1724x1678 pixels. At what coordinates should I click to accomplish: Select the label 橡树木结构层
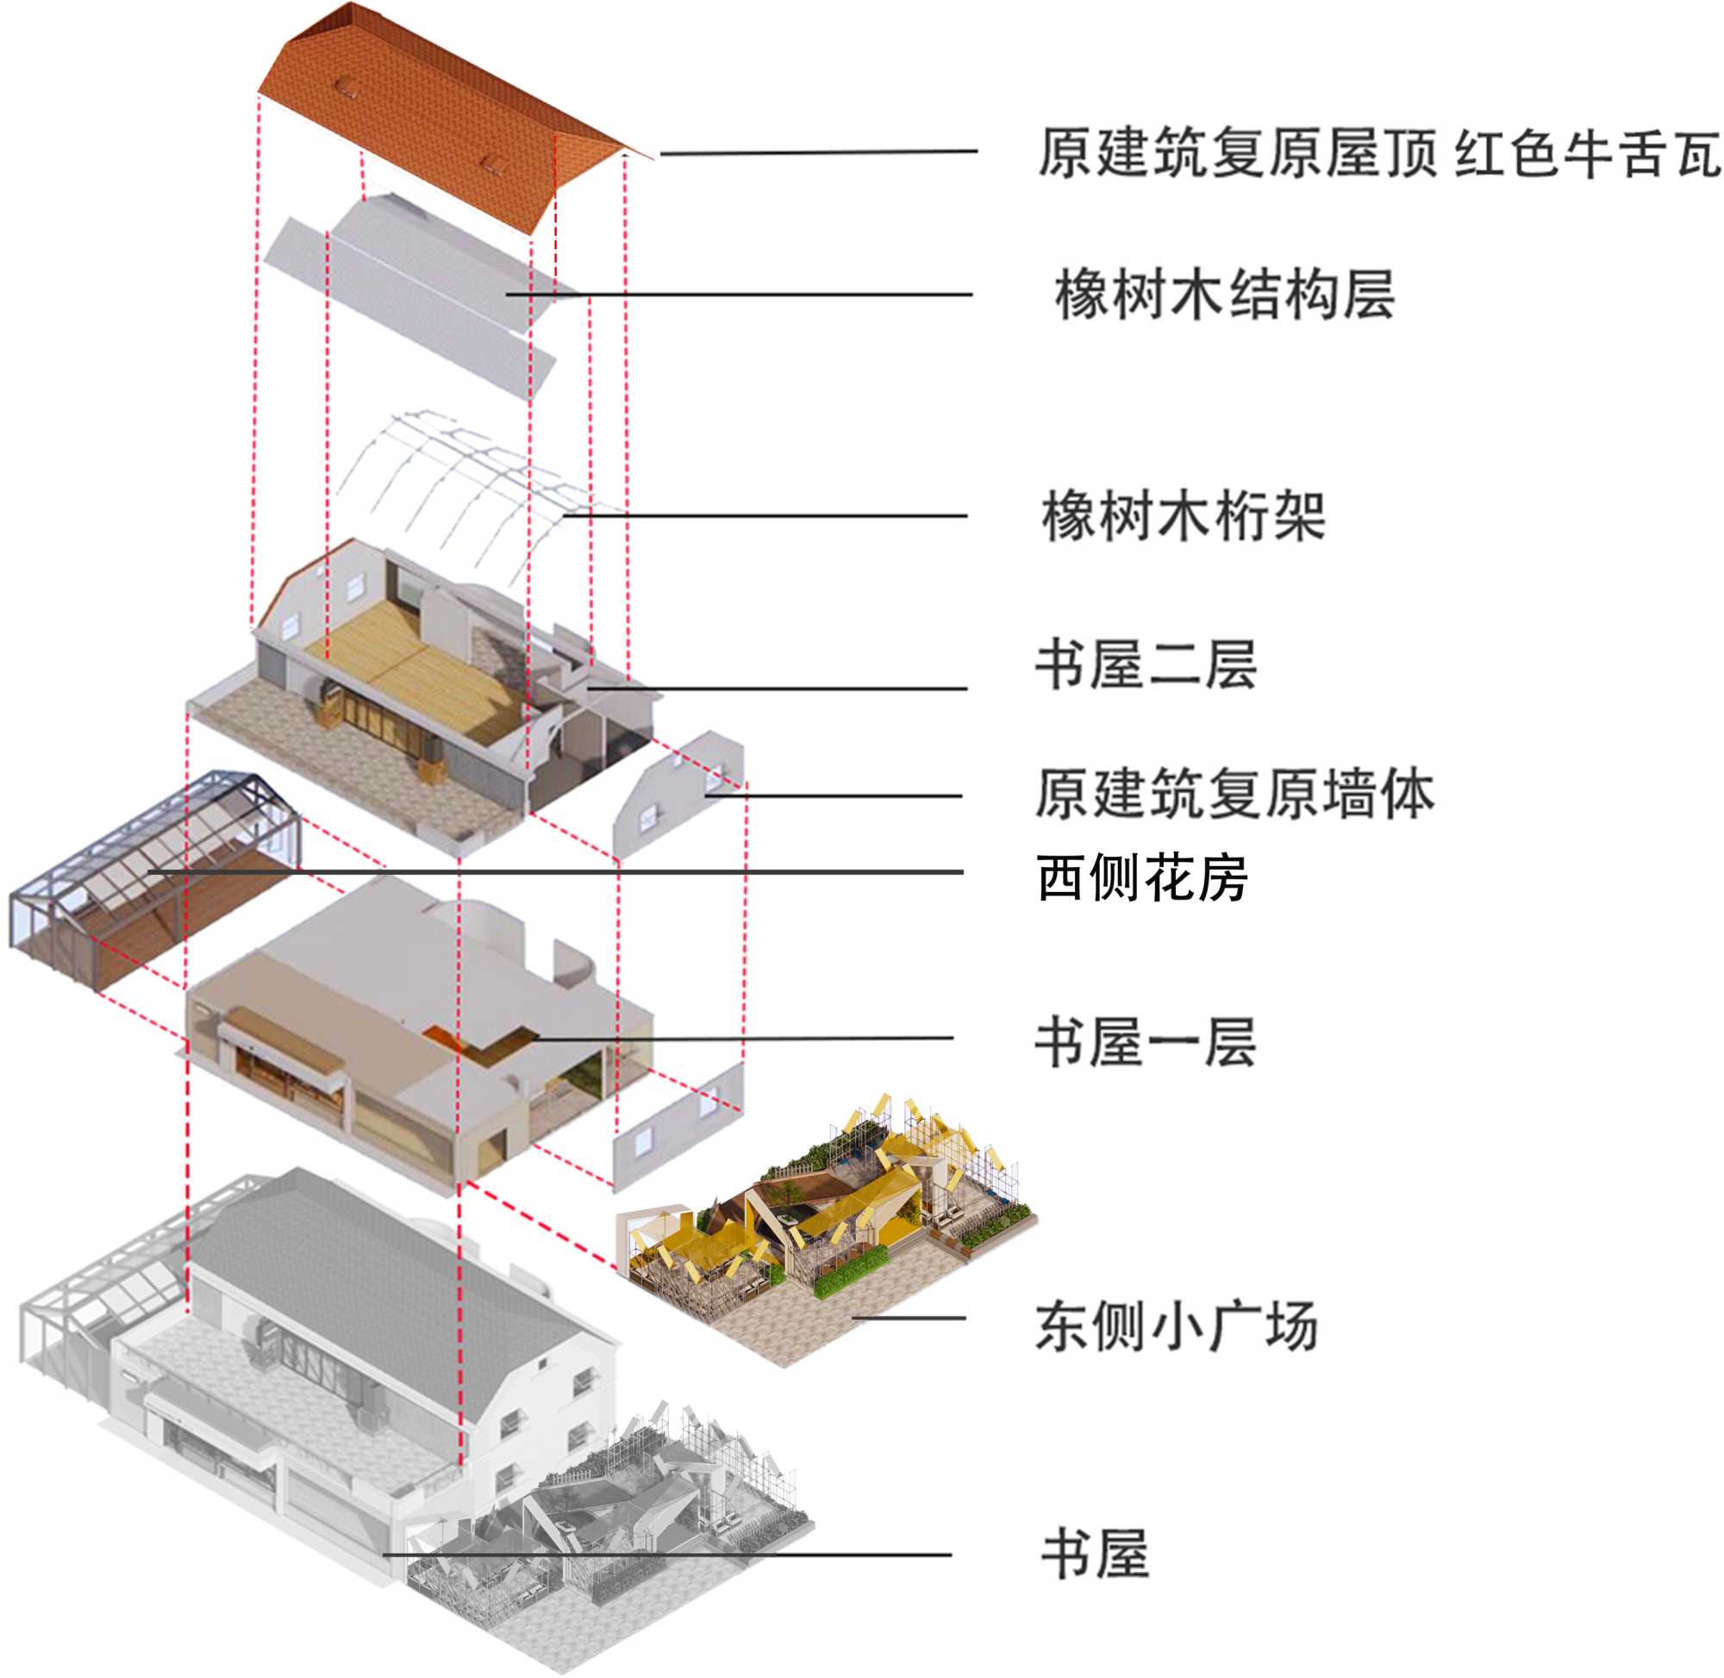coord(1224,295)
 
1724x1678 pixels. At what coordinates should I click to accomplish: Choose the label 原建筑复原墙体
coord(1234,794)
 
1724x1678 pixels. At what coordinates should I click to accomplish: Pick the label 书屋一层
coord(1145,1043)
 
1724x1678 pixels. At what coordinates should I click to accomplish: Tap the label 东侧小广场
coord(1176,1326)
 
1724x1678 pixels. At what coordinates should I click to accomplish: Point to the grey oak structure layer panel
coord(423,290)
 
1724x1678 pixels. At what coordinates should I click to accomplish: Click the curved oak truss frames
coord(467,484)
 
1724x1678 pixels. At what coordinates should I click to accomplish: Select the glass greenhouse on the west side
coord(150,872)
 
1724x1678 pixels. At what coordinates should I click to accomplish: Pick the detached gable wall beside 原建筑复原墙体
coord(678,793)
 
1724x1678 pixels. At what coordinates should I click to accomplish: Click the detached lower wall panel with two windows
coord(678,1128)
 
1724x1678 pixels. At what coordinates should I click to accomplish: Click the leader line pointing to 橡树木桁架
coord(767,515)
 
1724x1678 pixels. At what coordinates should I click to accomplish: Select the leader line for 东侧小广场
coord(908,1319)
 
